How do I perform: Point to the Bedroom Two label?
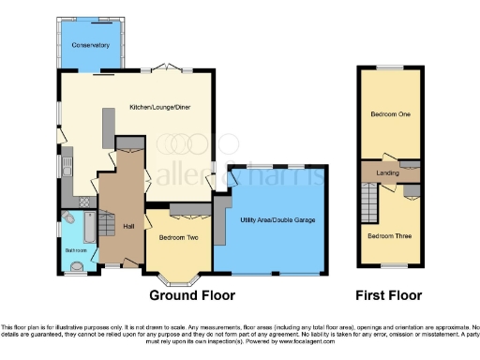(x=179, y=237)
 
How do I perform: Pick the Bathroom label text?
(x=76, y=250)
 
